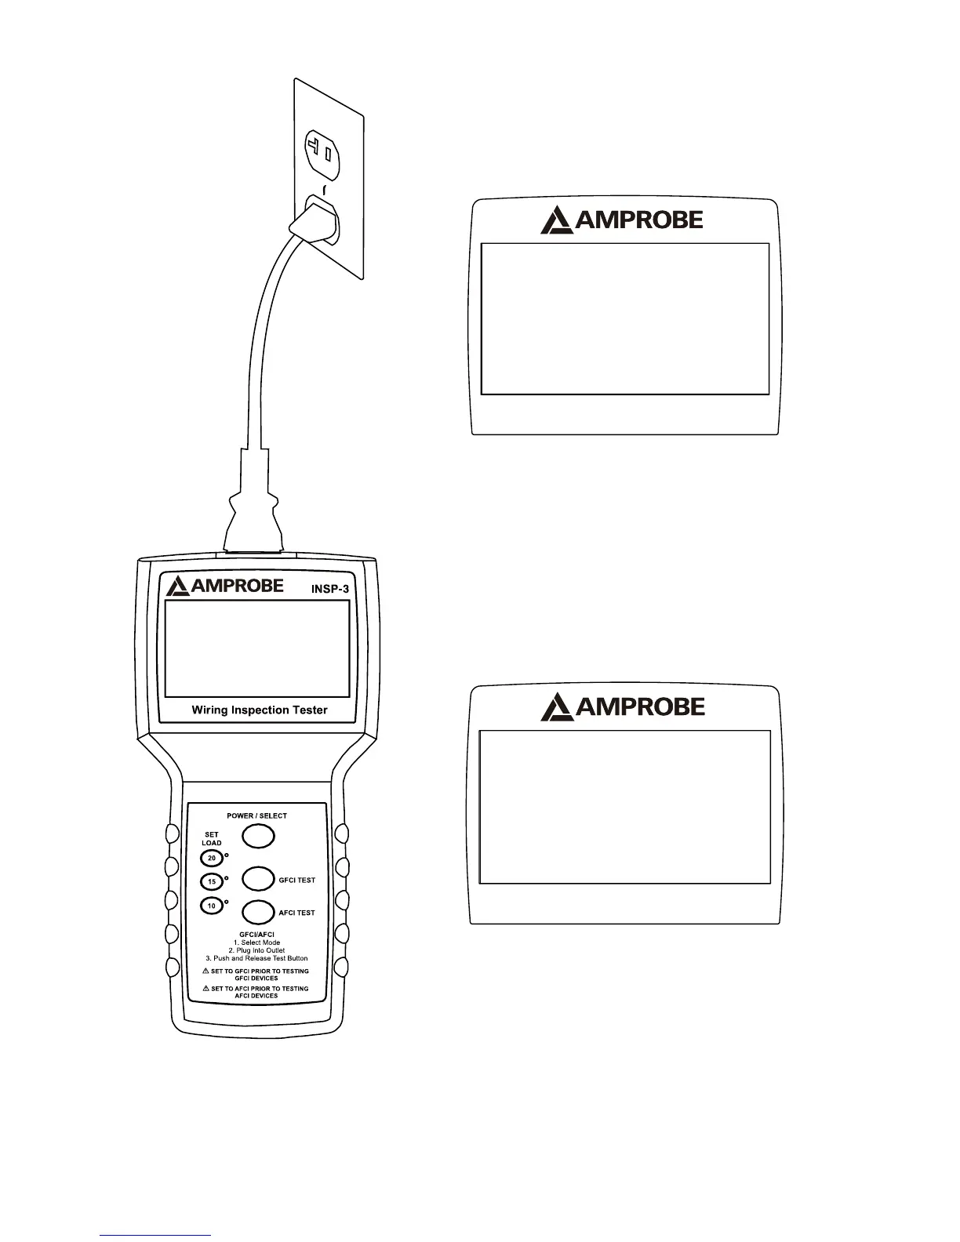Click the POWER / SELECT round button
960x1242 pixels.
pos(257,836)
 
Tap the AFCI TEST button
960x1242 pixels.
pos(257,912)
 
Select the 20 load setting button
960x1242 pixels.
pos(211,859)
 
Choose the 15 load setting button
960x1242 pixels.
pos(211,882)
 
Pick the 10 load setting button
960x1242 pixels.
pos(211,906)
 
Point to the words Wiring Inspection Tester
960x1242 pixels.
pos(260,710)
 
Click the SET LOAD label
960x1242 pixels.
pos(212,839)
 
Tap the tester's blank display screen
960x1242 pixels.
pos(257,648)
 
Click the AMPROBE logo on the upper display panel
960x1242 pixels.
pos(622,220)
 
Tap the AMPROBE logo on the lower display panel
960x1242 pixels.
pos(623,707)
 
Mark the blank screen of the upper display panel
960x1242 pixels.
pos(624,318)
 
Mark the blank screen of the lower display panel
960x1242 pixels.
pos(624,808)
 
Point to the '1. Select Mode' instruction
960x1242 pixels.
pos(256,942)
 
